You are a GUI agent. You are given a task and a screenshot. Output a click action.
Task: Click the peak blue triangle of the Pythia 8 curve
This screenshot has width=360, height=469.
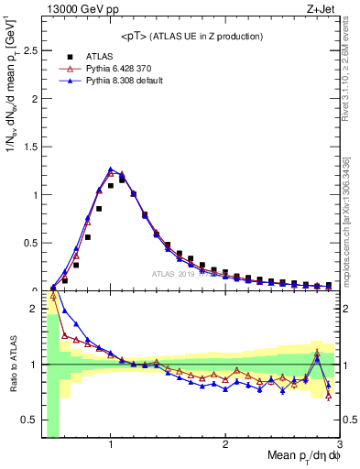click(110, 169)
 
